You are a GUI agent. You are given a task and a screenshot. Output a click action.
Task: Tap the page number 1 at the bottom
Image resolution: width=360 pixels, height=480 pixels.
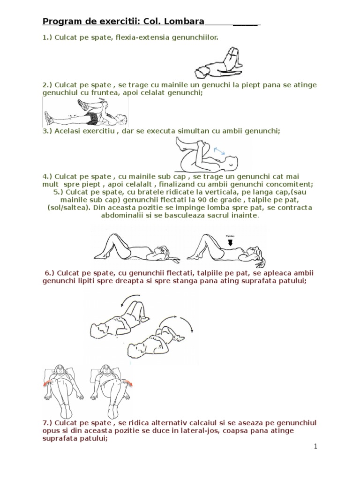point(316,446)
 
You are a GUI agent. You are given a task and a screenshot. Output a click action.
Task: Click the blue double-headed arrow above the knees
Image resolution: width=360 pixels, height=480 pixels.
point(219,150)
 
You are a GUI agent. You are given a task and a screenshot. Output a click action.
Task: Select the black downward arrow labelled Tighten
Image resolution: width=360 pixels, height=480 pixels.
point(230,242)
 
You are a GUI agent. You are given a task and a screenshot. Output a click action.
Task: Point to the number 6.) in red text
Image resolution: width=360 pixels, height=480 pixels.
point(50,273)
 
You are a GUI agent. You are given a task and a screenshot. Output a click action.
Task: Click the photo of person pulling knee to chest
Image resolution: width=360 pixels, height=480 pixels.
point(84,113)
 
